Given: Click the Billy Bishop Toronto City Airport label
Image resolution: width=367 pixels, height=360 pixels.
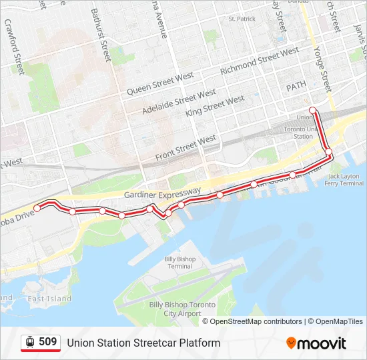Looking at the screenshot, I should coord(182,309).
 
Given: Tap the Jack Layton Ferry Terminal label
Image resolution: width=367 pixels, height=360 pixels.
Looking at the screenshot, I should coord(346,179).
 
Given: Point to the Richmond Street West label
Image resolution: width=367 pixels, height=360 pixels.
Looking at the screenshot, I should coord(260,60).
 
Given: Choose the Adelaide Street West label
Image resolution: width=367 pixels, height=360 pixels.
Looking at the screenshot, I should coord(179,102).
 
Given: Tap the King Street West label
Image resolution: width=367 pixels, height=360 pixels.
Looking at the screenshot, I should coord(216,106).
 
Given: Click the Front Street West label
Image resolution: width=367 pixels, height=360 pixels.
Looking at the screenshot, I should coord(186,147).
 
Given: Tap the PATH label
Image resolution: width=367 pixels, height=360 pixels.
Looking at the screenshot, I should coord(296,87).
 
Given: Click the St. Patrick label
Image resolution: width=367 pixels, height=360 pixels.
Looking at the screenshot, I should coord(242,19).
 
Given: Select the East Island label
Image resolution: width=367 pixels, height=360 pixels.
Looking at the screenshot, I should coord(49,299).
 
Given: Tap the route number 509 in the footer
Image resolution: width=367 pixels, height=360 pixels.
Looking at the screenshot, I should coord(47,342).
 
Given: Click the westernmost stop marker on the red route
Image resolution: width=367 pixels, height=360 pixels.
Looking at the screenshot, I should coord(37,208).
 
